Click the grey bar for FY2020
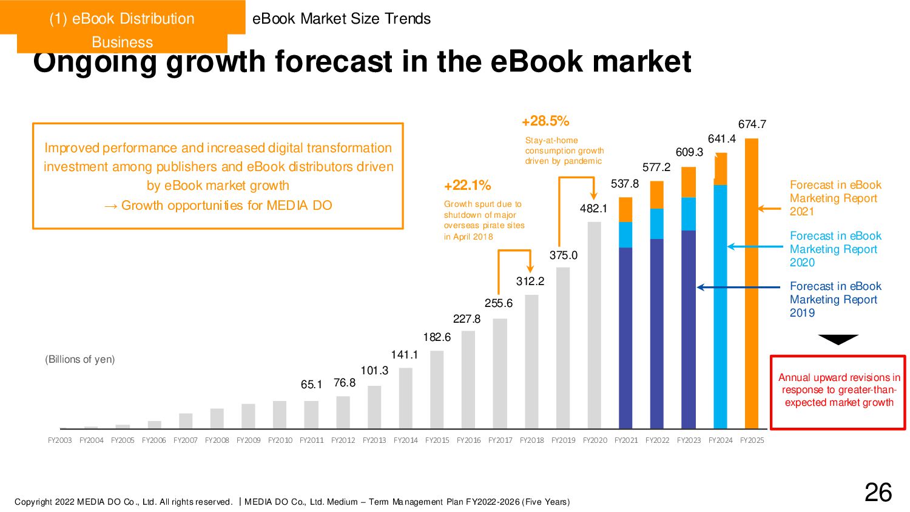595,325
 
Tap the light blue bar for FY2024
720,306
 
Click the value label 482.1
593,209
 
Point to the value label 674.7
752,124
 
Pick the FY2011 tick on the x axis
311,440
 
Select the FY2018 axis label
531,440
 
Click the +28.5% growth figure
545,121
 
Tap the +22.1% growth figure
468,186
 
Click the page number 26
878,493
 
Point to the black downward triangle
838,339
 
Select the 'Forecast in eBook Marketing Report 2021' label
835,198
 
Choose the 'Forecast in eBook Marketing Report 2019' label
835,300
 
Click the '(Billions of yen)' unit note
79,359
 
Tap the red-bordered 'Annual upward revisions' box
838,392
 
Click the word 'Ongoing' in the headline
94,62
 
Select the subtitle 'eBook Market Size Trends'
342,19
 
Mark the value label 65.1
311,385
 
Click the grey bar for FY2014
406,398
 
